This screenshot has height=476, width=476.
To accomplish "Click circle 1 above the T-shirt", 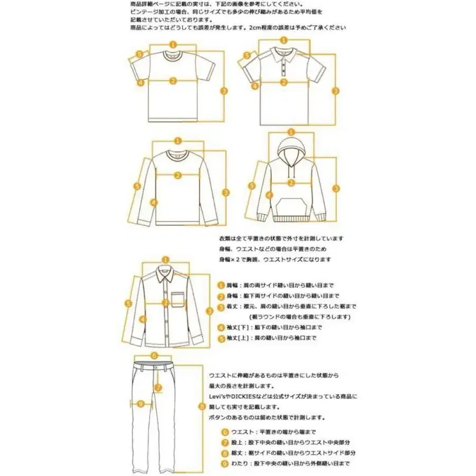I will point(172,45).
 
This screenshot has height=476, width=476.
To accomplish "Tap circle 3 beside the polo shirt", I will point(335,91).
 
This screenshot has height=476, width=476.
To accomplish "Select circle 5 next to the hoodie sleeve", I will point(252,186).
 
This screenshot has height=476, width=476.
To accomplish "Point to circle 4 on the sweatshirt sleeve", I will point(153,202).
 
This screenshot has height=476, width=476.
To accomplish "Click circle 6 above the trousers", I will point(153,355).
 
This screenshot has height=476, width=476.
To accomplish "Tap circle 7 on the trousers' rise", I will point(158,388).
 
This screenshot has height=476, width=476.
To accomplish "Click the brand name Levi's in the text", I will point(220,396).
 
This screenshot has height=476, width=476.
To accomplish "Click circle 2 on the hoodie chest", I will point(290,183).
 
